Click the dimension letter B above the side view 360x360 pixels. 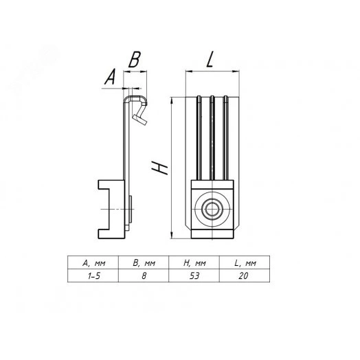pos(135,60)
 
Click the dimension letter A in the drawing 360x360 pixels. pos(110,77)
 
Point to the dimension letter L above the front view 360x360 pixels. pos(210,59)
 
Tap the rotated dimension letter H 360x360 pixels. pos(159,168)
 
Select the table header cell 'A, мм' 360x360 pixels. pos(93,263)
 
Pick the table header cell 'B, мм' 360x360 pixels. pos(144,263)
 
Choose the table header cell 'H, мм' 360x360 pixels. pos(194,263)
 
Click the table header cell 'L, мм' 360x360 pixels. pos(245,263)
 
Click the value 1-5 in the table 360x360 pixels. pos(94,275)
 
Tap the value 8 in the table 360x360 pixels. pos(144,275)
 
